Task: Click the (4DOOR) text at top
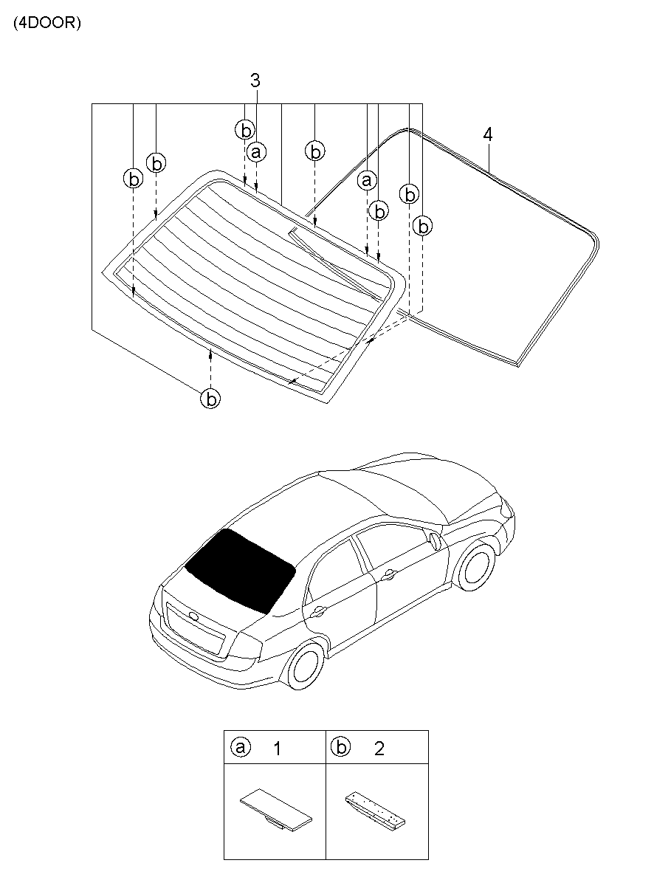pyautogui.click(x=47, y=23)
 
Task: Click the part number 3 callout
pyautogui.click(x=255, y=81)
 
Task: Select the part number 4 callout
pyautogui.click(x=487, y=134)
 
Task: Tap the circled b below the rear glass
pyautogui.click(x=211, y=399)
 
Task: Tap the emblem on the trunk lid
pyautogui.click(x=193, y=616)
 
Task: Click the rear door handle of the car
pyautogui.click(x=319, y=610)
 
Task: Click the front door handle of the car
pyautogui.click(x=388, y=574)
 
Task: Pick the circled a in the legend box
pyautogui.click(x=239, y=747)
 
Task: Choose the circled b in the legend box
pyautogui.click(x=340, y=747)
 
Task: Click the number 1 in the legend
pyautogui.click(x=277, y=749)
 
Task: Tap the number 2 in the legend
pyautogui.click(x=379, y=749)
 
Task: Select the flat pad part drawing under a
pyautogui.click(x=275, y=810)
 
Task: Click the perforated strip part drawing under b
pyautogui.click(x=377, y=810)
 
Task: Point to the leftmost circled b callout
pyautogui.click(x=133, y=179)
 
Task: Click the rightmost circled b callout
pyautogui.click(x=422, y=226)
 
